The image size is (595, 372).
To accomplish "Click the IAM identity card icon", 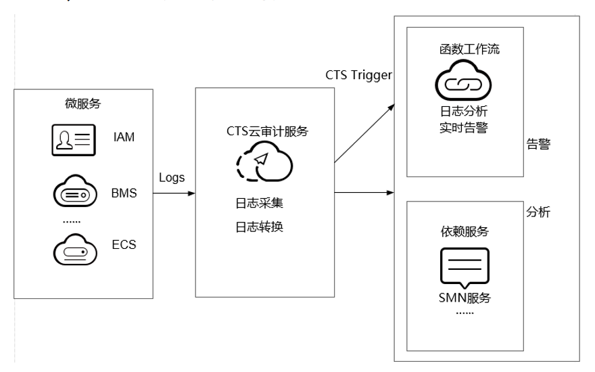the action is (x=74, y=140).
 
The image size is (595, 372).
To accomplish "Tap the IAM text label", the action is (x=124, y=137).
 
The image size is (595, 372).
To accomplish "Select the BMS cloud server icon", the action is (x=75, y=191).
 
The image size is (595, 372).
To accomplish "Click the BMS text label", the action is (x=124, y=193).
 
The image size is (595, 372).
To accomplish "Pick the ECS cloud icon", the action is (x=75, y=250).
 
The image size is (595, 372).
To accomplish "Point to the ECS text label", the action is (x=124, y=244).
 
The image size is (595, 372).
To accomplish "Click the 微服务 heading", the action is (x=83, y=103).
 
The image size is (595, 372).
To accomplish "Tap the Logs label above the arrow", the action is (x=172, y=178).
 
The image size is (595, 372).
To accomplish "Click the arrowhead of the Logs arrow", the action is (x=191, y=193).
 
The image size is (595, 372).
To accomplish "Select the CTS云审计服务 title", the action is (x=267, y=131).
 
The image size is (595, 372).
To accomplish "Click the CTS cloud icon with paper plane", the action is (x=264, y=162).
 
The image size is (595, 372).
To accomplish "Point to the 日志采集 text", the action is (x=260, y=203).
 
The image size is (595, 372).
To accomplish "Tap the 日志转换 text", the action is (x=260, y=227).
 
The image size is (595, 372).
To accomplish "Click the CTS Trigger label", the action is (x=358, y=75).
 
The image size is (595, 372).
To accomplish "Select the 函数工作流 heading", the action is (x=469, y=49).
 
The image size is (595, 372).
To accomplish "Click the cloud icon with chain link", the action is (x=463, y=80).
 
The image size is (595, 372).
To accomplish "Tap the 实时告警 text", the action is (x=464, y=128).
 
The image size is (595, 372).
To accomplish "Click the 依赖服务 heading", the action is (x=465, y=231).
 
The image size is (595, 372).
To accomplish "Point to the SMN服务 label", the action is (x=465, y=298).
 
